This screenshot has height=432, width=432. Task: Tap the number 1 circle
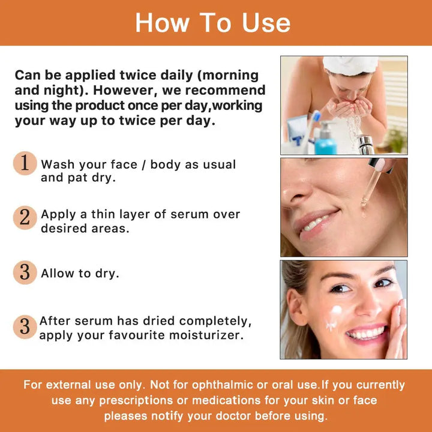click(25, 163)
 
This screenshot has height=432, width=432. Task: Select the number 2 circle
click(25, 218)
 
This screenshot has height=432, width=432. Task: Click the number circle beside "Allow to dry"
click(25, 272)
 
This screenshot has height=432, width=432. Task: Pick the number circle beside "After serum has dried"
click(25, 327)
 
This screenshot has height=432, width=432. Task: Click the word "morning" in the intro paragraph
click(228, 76)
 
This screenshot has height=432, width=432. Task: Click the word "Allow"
click(58, 274)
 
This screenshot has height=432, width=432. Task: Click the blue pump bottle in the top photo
click(325, 140)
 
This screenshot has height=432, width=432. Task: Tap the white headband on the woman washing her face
click(350, 64)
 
